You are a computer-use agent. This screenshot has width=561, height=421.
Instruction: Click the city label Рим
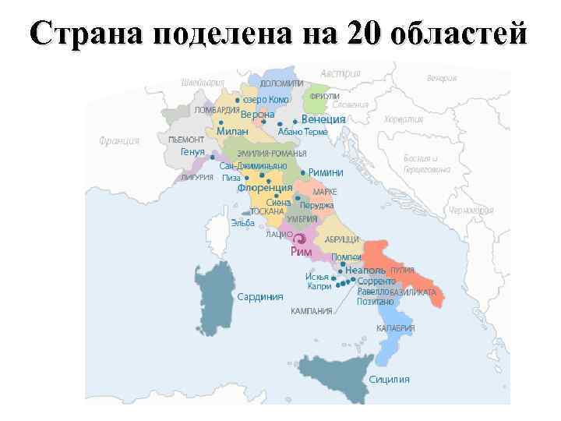click(301, 252)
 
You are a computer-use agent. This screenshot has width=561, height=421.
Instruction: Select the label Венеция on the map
click(323, 119)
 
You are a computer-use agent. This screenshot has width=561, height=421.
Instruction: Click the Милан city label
click(231, 132)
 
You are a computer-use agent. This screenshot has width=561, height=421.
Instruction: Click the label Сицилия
click(390, 380)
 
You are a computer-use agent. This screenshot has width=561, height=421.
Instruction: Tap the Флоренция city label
click(265, 188)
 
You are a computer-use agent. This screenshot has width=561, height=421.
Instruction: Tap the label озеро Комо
click(266, 100)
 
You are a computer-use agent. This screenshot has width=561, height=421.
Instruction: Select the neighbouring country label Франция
click(119, 141)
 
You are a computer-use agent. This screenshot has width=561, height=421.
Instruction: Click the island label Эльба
click(242, 222)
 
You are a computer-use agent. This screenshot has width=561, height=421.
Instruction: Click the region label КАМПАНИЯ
click(312, 311)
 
